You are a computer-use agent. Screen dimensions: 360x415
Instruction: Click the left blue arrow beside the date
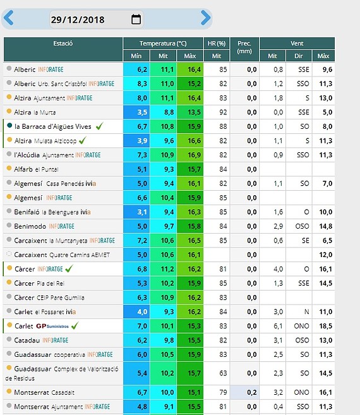point(9,18)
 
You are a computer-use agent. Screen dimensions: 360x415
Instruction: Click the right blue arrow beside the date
point(205,18)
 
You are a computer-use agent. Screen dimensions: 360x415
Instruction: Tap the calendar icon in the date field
point(136,19)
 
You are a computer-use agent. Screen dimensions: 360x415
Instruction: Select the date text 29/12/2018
point(78,20)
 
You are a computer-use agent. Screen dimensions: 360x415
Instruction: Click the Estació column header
point(63,44)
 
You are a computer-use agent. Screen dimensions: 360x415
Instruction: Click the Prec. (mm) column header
point(244,47)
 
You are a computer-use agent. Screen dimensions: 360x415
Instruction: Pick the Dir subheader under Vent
point(299,56)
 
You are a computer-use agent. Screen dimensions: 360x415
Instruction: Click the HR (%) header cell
point(217,44)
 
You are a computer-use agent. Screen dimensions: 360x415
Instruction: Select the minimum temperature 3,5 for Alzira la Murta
point(142,112)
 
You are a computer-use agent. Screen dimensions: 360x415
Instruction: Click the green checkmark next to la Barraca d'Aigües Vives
point(100,126)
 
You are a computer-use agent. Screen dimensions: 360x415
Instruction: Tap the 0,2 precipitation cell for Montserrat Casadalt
point(252,392)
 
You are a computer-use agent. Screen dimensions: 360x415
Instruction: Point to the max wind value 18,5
point(326,326)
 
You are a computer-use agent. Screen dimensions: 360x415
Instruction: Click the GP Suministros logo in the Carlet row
point(52,326)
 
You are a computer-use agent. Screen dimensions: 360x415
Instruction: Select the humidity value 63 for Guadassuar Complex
point(223,373)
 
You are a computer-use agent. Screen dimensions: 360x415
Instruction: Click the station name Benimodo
point(30,226)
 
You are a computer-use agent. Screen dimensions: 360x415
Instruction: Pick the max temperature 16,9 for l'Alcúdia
point(194,155)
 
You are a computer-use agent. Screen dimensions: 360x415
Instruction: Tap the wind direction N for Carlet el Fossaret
point(306,312)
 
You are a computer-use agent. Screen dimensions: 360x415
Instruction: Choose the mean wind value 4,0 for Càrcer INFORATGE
point(278,269)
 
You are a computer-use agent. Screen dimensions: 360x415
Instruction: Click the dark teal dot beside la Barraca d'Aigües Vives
point(9,126)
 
